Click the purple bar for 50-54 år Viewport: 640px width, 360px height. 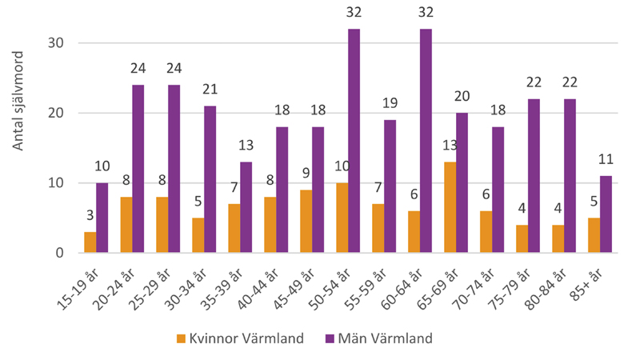pos(354,141)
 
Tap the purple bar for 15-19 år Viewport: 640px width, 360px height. pos(102,218)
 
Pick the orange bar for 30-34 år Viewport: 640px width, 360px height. pos(198,235)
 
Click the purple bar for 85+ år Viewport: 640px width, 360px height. pos(606,214)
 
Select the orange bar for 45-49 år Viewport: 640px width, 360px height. pos(306,222)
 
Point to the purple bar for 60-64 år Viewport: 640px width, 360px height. pos(426,141)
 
